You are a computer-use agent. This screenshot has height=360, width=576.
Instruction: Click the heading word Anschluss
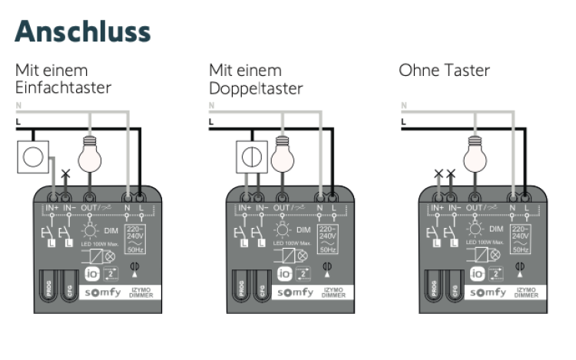point(82,31)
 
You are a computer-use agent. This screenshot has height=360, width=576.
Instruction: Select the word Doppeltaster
point(256,88)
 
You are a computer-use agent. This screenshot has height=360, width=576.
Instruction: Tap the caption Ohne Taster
point(444,71)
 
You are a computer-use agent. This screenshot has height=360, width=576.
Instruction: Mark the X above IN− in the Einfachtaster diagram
point(66,174)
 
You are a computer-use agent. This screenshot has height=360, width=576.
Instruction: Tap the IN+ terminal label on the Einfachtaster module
point(51,208)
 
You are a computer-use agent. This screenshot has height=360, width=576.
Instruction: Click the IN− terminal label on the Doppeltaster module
point(262,208)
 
